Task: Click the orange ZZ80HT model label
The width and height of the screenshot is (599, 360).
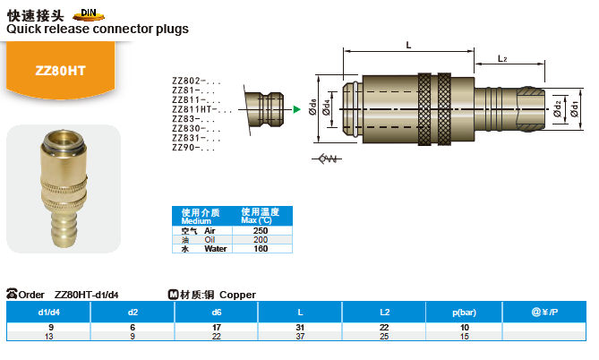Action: [60, 71]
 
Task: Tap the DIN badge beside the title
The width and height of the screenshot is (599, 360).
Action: [89, 14]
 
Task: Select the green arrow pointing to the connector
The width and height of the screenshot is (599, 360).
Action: [296, 109]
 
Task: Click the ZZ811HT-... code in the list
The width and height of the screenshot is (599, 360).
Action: [202, 109]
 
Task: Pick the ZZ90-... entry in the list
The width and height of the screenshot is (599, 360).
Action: [193, 148]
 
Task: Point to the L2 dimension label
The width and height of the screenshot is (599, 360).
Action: [502, 58]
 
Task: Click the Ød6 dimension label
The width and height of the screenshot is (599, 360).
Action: [312, 107]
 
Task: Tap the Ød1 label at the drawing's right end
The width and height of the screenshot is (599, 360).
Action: [574, 109]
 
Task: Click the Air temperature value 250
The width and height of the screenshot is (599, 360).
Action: [261, 231]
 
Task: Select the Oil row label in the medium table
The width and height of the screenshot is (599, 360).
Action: [210, 240]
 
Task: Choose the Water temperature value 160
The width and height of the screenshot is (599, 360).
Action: [261, 249]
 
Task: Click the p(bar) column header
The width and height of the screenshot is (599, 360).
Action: [464, 313]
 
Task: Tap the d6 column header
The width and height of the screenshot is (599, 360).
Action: [216, 313]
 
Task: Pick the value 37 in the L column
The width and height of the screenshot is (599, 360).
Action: [300, 337]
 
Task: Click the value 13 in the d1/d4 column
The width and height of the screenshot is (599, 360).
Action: [49, 337]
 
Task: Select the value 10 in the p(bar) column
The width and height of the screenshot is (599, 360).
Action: [464, 328]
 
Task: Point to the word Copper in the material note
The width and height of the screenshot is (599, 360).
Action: [237, 295]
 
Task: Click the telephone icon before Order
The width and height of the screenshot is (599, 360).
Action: [12, 294]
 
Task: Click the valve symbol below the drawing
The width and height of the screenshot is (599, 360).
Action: [327, 159]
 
